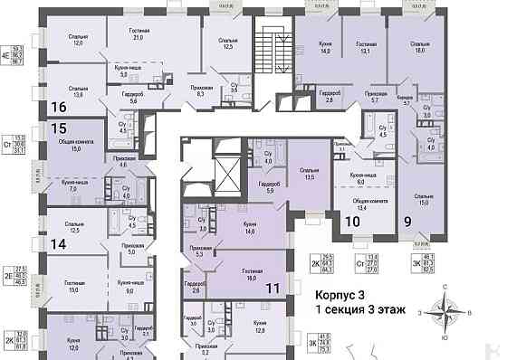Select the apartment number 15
pos(60,129)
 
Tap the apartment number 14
pos(60,243)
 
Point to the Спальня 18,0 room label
pos(419,46)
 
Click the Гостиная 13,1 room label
pos(365,46)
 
